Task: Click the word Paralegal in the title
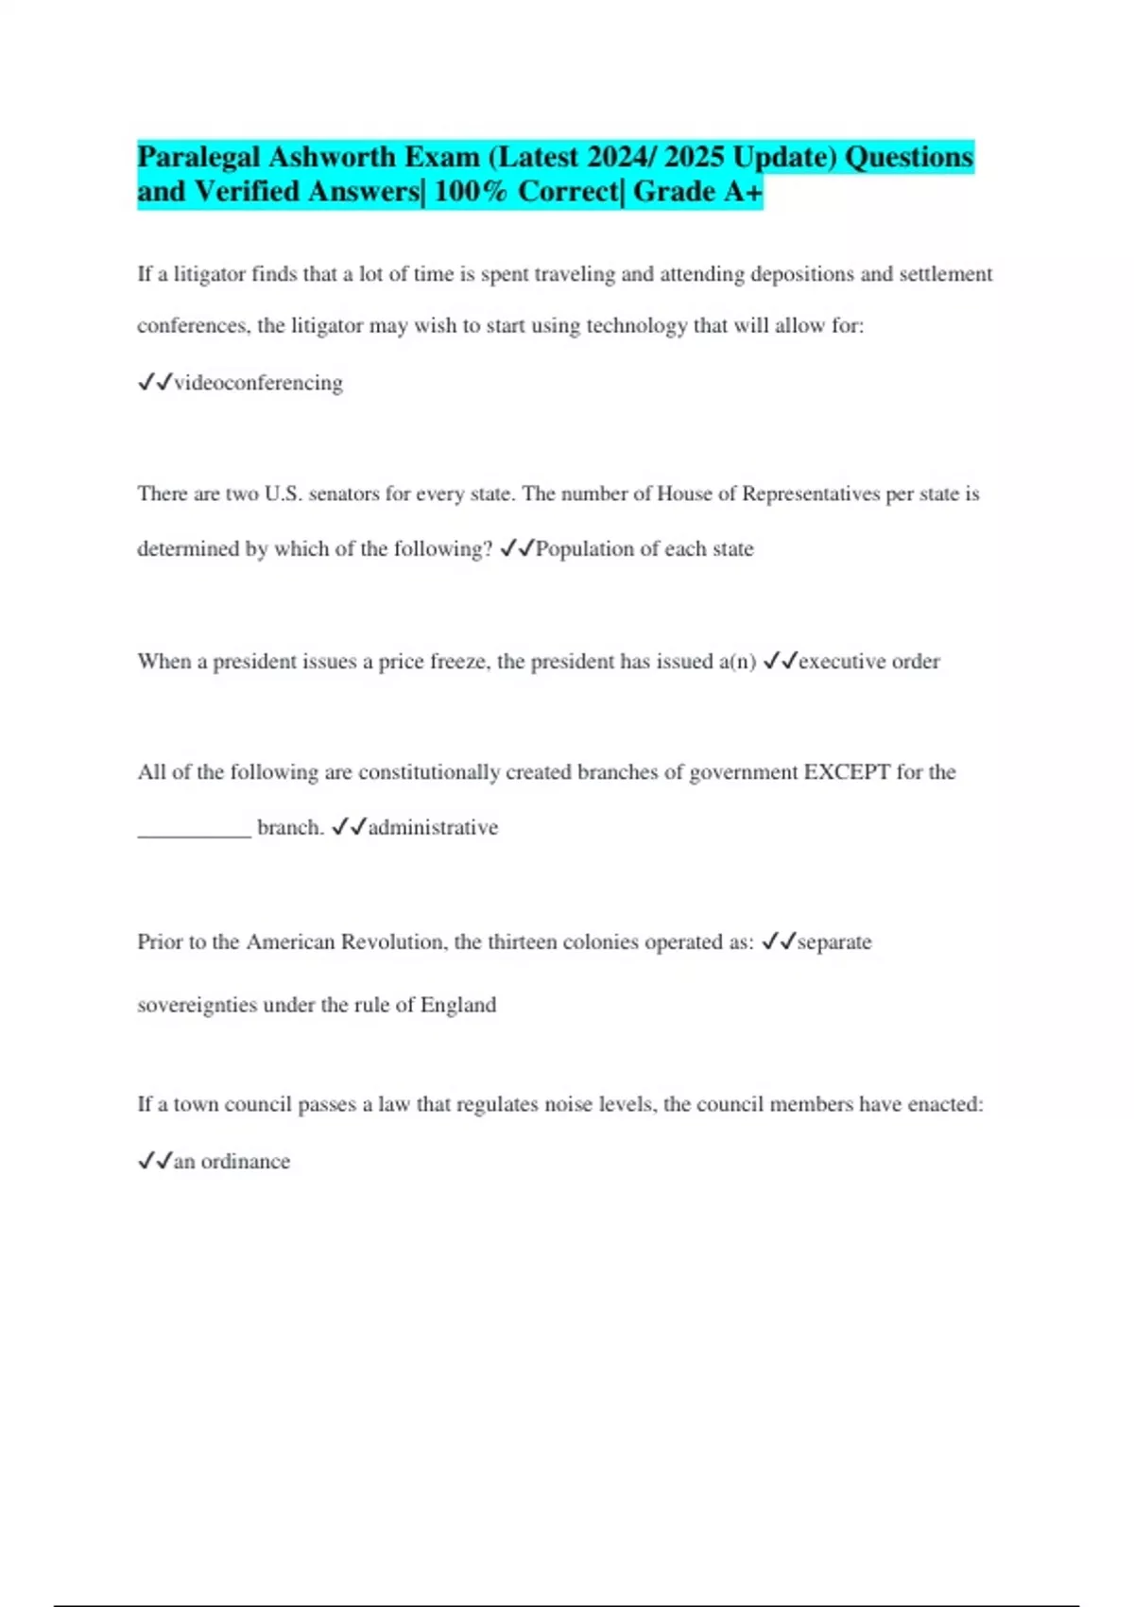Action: (198, 157)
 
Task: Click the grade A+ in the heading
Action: (743, 192)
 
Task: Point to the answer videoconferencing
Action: (258, 383)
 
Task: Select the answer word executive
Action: (841, 662)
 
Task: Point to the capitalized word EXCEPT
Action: (847, 772)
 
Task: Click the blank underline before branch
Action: (194, 830)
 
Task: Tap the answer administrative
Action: (433, 828)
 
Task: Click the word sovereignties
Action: (197, 1005)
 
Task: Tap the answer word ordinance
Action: (245, 1162)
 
